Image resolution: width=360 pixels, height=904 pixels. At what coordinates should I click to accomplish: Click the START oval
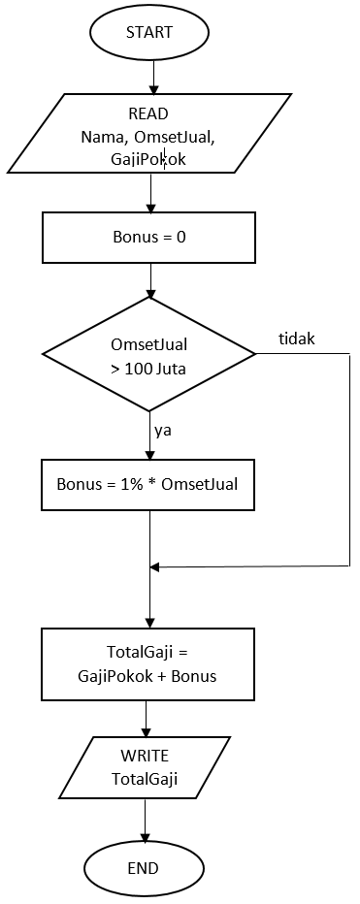[x=148, y=32]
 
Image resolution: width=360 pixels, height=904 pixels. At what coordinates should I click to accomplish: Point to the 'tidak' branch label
[x=295, y=338]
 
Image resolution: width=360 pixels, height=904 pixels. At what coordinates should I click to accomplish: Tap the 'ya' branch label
[x=163, y=429]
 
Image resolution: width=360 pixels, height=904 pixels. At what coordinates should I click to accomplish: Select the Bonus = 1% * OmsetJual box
[x=148, y=484]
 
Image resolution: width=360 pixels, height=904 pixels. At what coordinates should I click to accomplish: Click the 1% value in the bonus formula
[x=129, y=484]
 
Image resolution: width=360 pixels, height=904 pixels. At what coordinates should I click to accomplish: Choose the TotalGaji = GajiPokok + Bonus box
[x=148, y=664]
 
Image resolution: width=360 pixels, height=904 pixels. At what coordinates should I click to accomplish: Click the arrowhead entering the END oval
[x=146, y=837]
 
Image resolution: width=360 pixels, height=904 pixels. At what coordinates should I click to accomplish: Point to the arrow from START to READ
[x=152, y=77]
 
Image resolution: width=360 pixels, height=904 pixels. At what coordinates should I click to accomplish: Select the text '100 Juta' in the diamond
[x=165, y=371]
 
